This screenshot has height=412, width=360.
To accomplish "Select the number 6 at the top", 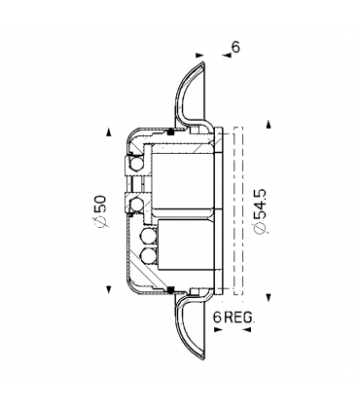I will tap(234, 46).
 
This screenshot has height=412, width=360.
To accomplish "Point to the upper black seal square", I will tap(171, 131).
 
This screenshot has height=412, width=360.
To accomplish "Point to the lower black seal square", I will tap(171, 289).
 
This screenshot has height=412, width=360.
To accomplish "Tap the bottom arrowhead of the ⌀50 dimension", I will tap(108, 289).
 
